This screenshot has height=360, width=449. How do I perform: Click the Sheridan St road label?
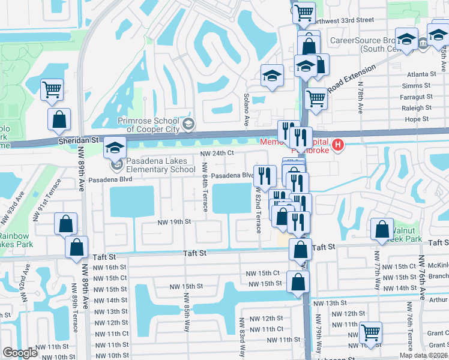[x=78, y=139]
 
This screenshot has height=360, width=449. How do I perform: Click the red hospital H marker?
[x=339, y=145]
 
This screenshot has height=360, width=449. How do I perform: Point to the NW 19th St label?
[x=173, y=222]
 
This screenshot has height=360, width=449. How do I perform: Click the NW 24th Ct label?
[x=216, y=154]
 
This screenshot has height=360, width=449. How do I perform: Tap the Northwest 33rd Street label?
[x=343, y=20]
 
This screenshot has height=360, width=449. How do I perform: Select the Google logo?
[x=20, y=353]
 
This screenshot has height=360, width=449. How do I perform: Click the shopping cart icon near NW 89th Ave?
[x=52, y=90]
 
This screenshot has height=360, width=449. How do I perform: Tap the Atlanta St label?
[x=420, y=74]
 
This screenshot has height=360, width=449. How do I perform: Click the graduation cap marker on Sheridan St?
[x=114, y=148]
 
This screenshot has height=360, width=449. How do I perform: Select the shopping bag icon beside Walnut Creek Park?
[x=382, y=229]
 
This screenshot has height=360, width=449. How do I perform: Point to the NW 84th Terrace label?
[x=205, y=187]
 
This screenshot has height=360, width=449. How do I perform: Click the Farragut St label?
[x=417, y=97]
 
